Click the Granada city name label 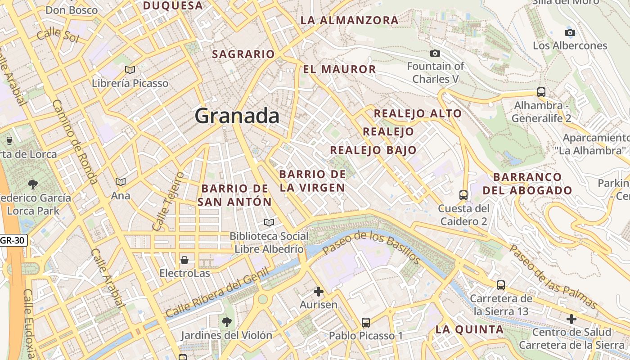237,116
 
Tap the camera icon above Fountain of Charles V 435,54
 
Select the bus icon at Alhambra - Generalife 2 541,92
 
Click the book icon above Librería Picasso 130,70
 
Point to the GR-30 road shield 13,240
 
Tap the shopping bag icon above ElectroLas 184,260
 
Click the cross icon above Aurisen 319,292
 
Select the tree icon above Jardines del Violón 227,322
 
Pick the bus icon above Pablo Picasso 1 366,323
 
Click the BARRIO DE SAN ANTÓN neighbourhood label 234,195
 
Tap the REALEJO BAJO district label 373,150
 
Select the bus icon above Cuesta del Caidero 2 463,195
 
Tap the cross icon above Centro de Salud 571,319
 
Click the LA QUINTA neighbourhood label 469,329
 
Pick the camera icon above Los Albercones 570,32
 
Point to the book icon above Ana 120,182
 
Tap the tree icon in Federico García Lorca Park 32,184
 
